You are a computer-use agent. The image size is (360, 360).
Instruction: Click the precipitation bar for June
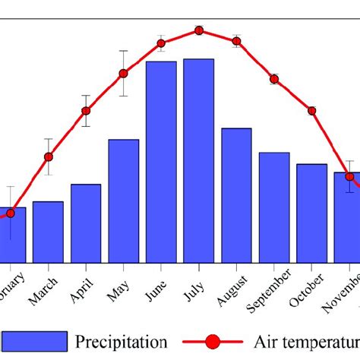point(161,163)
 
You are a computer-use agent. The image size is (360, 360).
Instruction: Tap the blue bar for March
point(48,232)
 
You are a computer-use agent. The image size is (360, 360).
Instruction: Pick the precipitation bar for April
point(86,223)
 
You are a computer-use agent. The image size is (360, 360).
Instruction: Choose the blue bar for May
point(123,201)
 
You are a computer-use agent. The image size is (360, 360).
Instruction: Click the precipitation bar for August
point(236,196)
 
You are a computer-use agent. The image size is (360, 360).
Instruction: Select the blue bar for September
point(274,207)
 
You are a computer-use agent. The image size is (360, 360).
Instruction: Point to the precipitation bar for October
point(311,213)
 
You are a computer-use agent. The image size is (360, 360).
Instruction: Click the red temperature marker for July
point(199,30)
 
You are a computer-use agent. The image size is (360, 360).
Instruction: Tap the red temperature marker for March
point(49,157)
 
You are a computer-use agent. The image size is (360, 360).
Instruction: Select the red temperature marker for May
point(123,74)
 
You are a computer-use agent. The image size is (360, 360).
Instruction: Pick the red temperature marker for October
point(311,111)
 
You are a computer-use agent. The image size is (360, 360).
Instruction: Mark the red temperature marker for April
point(86,111)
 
